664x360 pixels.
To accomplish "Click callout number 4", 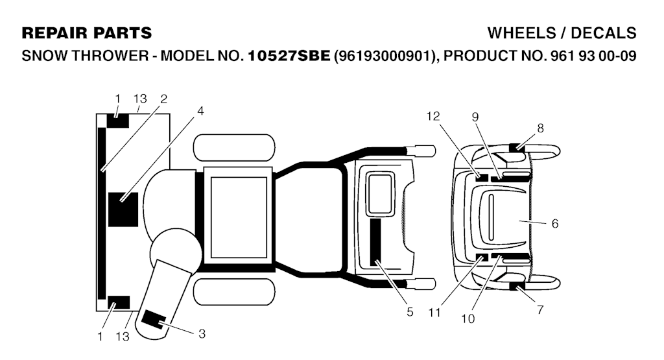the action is coord(200,111).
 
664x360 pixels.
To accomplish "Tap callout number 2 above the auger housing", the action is coord(164,99).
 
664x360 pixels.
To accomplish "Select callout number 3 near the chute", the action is coord(202,334).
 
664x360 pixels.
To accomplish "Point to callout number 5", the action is coord(410,312).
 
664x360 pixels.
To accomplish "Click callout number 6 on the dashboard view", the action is coord(555,223).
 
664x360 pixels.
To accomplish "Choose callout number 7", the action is coord(540,309).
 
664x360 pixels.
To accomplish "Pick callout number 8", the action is coord(540,128).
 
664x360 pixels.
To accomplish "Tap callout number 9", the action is coord(475,117).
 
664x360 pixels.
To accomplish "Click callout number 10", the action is coord(468,318).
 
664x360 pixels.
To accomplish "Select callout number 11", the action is coord(434,313).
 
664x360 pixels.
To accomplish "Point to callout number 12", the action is coord(433,116).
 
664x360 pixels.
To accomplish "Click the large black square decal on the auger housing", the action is coord(123,210).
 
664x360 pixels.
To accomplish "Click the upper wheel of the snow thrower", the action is coord(234,147).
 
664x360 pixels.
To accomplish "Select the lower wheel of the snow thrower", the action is coord(234,292).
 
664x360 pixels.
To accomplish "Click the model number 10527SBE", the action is coord(289,56).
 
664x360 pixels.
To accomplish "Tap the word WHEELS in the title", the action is coord(522,33).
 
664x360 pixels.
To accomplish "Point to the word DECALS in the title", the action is coord(604,33).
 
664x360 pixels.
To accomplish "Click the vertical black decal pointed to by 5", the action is coord(375,242).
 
